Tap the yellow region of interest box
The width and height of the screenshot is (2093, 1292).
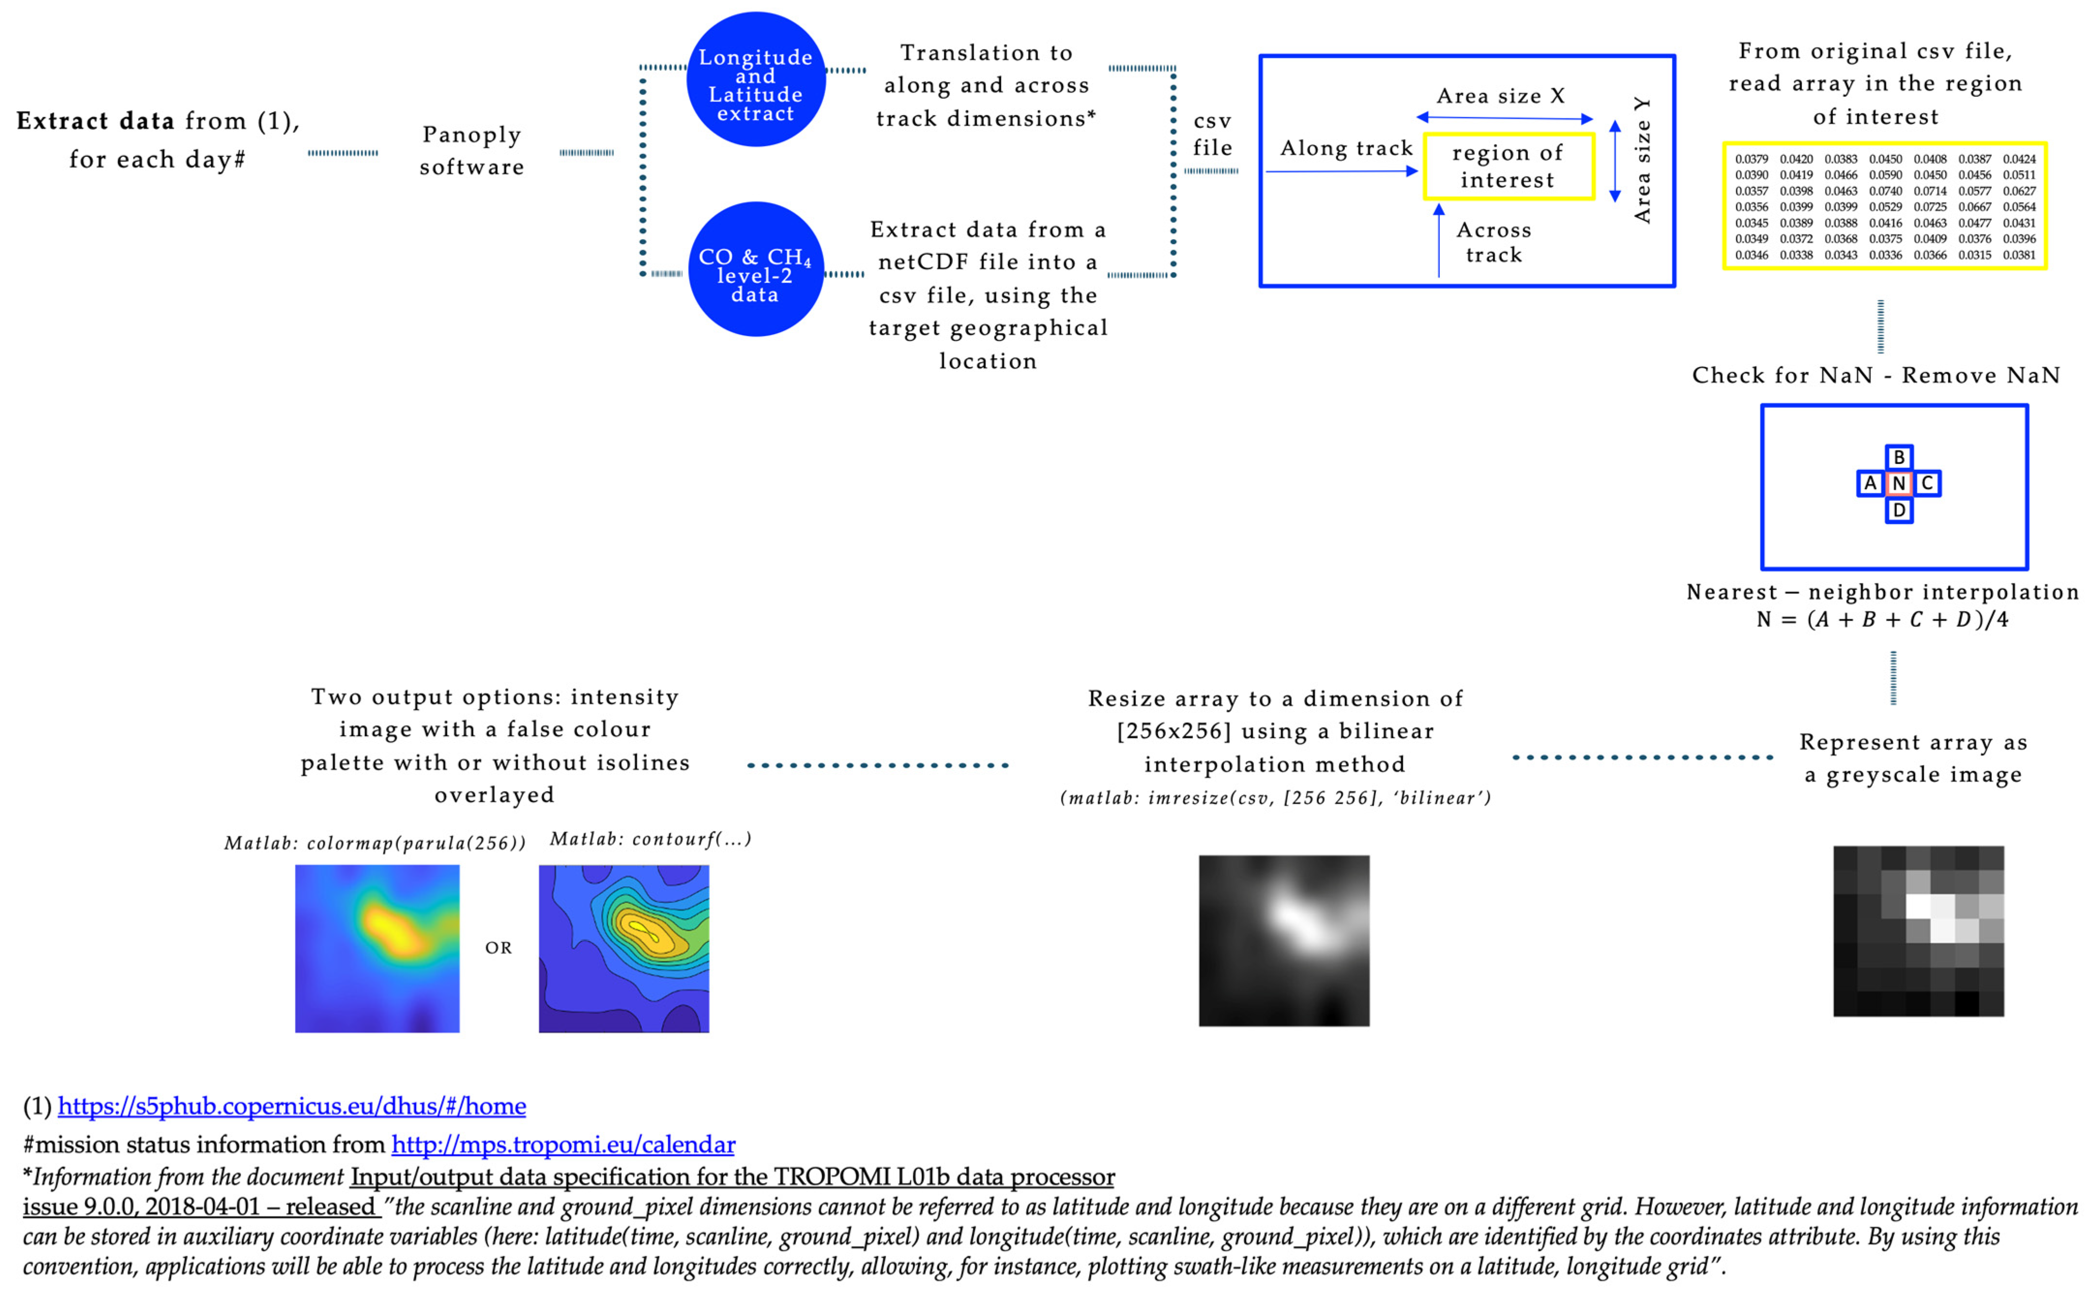coord(1508,167)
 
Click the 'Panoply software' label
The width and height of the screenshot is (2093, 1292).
coord(472,151)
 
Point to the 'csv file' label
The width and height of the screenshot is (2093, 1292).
coord(1212,134)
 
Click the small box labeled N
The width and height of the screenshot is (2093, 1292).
coord(1898,484)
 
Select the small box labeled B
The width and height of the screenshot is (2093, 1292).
coord(1898,457)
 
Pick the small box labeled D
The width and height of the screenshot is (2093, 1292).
coord(1898,510)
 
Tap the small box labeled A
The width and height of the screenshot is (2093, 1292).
coord(1870,484)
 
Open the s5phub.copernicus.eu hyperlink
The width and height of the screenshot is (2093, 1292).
coord(291,1107)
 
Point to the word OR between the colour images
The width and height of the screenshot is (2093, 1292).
coord(499,948)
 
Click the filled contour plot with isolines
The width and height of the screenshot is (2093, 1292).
coord(624,949)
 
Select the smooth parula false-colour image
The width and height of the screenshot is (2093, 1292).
coord(377,949)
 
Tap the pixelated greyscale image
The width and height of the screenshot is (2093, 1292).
coord(1918,931)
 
